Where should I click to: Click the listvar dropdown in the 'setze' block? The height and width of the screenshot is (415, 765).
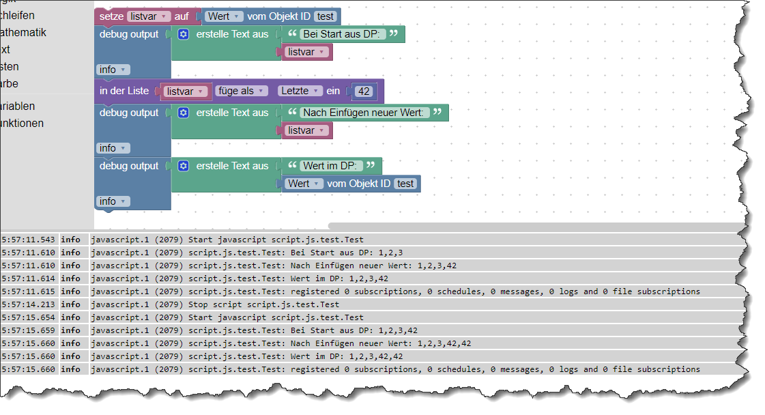tap(149, 16)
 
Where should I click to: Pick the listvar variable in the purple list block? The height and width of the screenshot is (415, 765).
tap(185, 91)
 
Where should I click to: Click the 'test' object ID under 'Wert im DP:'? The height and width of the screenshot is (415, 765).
tap(405, 184)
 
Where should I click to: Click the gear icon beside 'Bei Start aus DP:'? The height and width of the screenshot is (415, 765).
tap(183, 34)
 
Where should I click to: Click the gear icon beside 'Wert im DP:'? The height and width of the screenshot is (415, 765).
tap(183, 166)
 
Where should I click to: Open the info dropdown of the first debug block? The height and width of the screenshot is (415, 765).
tap(113, 70)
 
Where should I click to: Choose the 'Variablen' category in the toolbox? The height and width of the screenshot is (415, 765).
tap(27, 106)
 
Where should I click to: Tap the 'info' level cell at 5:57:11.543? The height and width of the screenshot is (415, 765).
tap(70, 240)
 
